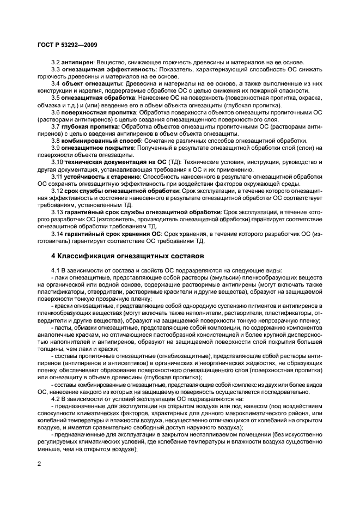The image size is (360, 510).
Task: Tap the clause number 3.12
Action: [x=57, y=191]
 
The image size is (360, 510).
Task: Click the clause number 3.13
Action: [x=57, y=212]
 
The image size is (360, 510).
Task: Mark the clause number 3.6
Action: [x=56, y=113]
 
